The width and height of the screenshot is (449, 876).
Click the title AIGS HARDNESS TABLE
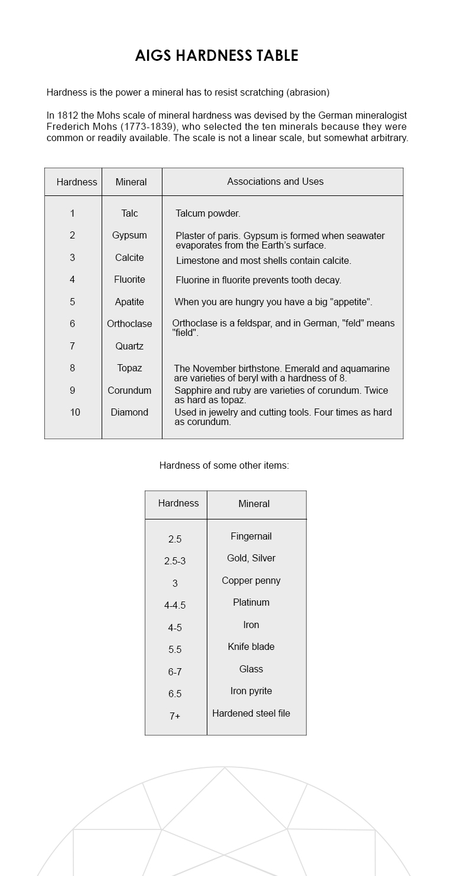[x=217, y=55]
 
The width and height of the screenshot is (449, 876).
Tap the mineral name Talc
[x=129, y=213]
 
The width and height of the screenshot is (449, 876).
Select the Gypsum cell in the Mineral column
[x=129, y=235]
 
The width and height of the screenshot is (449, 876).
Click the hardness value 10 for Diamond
[x=75, y=412]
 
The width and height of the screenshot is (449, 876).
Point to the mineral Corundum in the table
[x=129, y=390]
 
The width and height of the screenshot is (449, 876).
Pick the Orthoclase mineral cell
[x=129, y=323]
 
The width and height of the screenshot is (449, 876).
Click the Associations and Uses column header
[x=275, y=181]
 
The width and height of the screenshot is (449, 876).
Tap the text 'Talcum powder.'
[x=208, y=213]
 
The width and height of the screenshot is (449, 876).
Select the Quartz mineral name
[x=129, y=346]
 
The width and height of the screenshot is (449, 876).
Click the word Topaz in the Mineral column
[x=129, y=368]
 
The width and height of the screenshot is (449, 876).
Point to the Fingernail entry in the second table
[x=251, y=536]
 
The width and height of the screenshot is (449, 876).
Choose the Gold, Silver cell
[x=251, y=558]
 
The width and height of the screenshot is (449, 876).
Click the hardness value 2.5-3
[x=175, y=561]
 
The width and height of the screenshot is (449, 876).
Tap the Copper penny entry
[x=251, y=580]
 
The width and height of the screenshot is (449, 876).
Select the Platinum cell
[x=251, y=602]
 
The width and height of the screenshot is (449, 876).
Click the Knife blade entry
[x=251, y=646]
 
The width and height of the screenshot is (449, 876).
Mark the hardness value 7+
[x=175, y=716]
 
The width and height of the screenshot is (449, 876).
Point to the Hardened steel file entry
[x=251, y=713]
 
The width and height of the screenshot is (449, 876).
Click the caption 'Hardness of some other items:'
[x=224, y=465]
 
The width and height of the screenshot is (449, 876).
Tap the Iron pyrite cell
[x=251, y=691]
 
